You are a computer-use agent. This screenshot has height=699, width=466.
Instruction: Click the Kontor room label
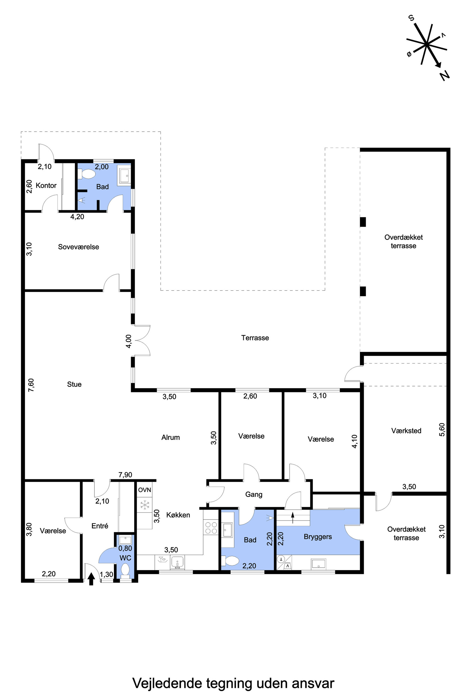tap(46, 186)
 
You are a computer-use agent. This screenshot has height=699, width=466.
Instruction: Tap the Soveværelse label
tap(78, 247)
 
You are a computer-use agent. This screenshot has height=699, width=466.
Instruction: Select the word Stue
tap(74, 384)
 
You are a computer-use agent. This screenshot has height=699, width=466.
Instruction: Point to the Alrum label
tap(171, 437)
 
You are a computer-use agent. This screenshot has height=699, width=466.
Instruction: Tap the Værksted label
tap(406, 431)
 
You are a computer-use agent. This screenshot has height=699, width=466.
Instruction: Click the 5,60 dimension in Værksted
tap(442, 429)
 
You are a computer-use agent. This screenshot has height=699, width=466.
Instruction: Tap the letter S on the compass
tap(412, 18)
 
